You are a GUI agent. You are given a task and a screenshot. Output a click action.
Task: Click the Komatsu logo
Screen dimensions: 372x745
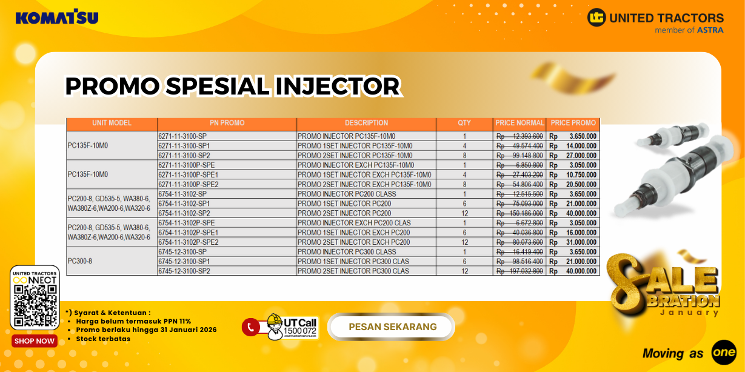57,17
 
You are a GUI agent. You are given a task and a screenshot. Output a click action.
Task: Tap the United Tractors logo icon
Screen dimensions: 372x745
596,18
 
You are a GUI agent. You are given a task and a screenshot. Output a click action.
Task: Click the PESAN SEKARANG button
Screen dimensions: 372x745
392,327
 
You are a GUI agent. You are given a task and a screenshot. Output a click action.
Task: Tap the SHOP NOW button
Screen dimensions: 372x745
35,341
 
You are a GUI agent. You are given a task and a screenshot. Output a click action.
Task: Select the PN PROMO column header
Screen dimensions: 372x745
227,123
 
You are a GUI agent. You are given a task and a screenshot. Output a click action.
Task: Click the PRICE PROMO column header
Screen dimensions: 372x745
573,123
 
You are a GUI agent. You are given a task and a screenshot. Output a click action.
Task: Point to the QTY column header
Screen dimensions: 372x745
464,123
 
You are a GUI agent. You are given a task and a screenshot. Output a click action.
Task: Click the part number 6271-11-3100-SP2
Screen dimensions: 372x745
184,156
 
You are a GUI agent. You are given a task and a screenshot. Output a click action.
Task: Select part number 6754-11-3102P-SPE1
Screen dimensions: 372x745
188,233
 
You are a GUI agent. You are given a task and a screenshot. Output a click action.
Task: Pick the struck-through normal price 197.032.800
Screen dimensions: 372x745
519,271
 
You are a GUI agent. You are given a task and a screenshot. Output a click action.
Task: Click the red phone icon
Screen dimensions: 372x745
250,328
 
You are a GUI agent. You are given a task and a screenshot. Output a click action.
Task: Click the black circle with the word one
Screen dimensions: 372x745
724,352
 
